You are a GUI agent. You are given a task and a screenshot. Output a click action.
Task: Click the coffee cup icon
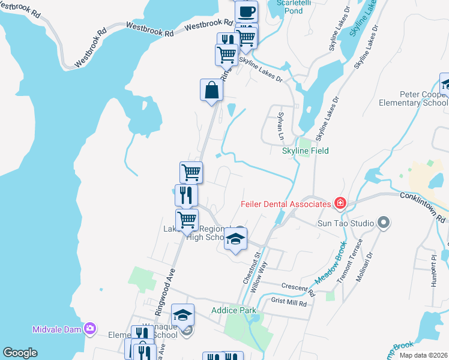[246, 11]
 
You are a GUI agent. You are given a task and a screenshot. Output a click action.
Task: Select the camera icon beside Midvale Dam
[90, 328]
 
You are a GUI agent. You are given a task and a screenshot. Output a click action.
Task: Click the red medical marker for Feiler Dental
[340, 204]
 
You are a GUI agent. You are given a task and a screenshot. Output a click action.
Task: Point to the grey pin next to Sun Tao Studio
[385, 223]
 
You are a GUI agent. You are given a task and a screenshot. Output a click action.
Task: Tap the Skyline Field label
[306, 151]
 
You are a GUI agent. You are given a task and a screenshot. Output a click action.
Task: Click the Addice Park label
[234, 310]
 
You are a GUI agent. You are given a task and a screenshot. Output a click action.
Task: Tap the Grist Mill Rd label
[289, 304]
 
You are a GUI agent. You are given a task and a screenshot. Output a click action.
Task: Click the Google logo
[20, 353]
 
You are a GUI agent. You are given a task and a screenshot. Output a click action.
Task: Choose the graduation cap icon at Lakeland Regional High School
[236, 240]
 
